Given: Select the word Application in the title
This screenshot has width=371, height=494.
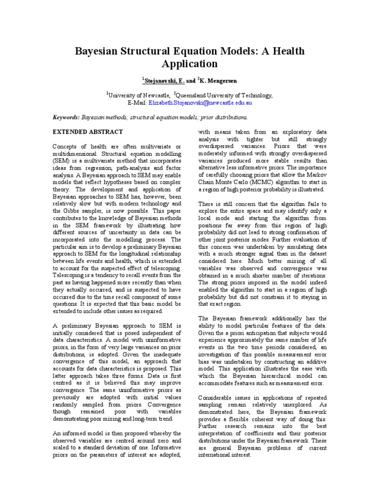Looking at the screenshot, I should click(185, 64).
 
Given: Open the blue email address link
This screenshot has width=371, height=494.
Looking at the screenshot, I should click(204, 103).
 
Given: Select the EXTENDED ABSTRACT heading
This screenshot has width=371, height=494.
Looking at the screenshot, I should click(87, 132).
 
